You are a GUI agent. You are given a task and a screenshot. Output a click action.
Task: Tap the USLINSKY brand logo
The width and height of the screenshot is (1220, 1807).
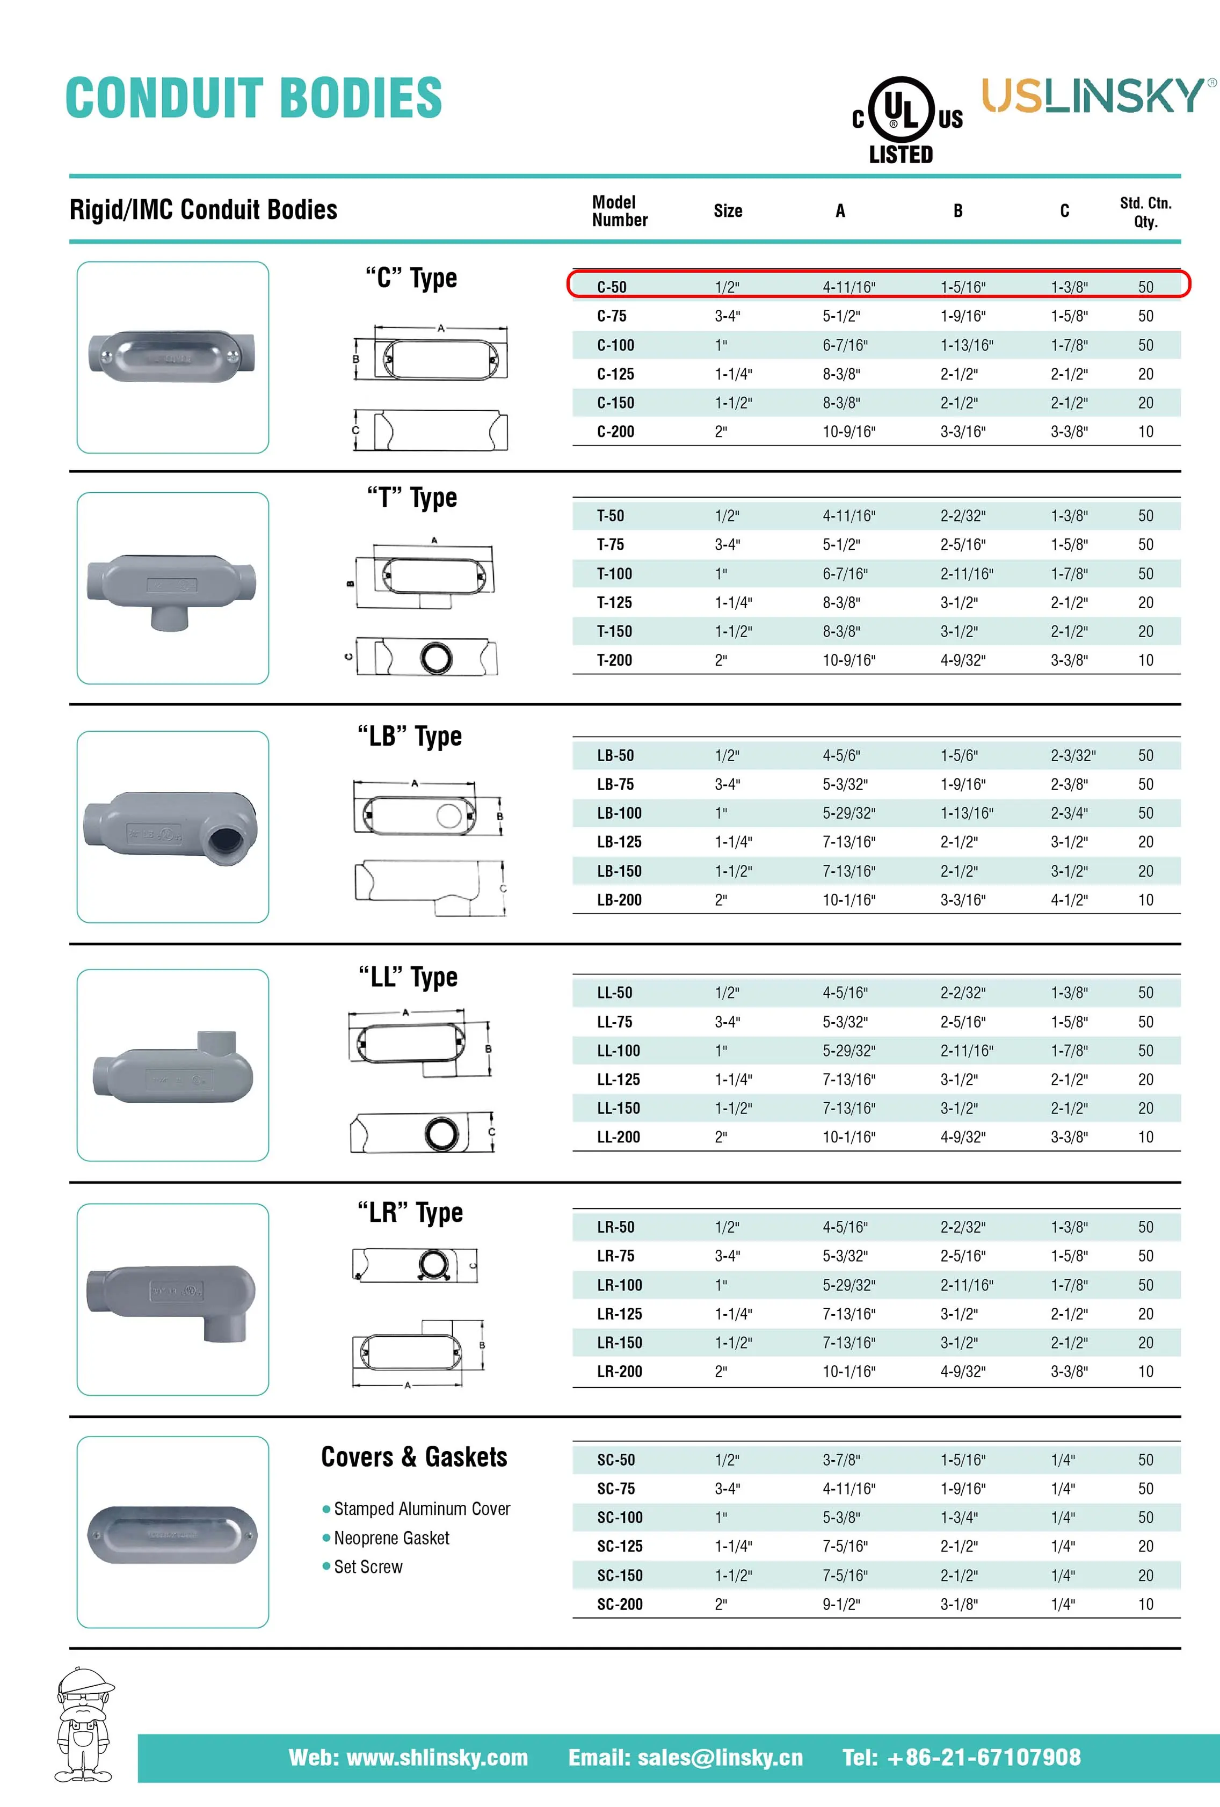click(1097, 96)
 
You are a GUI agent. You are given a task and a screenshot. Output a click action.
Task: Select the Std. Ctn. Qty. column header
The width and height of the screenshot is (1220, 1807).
click(1145, 212)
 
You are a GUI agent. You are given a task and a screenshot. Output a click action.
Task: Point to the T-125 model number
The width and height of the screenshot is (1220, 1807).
click(614, 602)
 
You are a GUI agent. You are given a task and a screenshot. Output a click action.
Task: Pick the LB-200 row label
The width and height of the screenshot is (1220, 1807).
click(619, 900)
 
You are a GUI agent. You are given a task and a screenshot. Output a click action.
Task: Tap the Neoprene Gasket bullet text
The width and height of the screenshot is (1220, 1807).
click(391, 1538)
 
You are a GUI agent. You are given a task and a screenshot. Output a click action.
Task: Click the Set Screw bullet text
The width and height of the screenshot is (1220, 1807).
click(368, 1566)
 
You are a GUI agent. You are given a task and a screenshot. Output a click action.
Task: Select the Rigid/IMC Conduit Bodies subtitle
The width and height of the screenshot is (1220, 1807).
click(203, 209)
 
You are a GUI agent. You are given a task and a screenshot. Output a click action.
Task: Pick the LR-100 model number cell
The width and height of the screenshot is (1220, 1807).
click(619, 1285)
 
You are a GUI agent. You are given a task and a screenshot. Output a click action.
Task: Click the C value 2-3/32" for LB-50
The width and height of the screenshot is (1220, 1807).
click(1072, 755)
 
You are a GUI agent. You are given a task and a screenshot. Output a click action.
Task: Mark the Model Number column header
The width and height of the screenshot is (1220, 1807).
click(619, 211)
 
